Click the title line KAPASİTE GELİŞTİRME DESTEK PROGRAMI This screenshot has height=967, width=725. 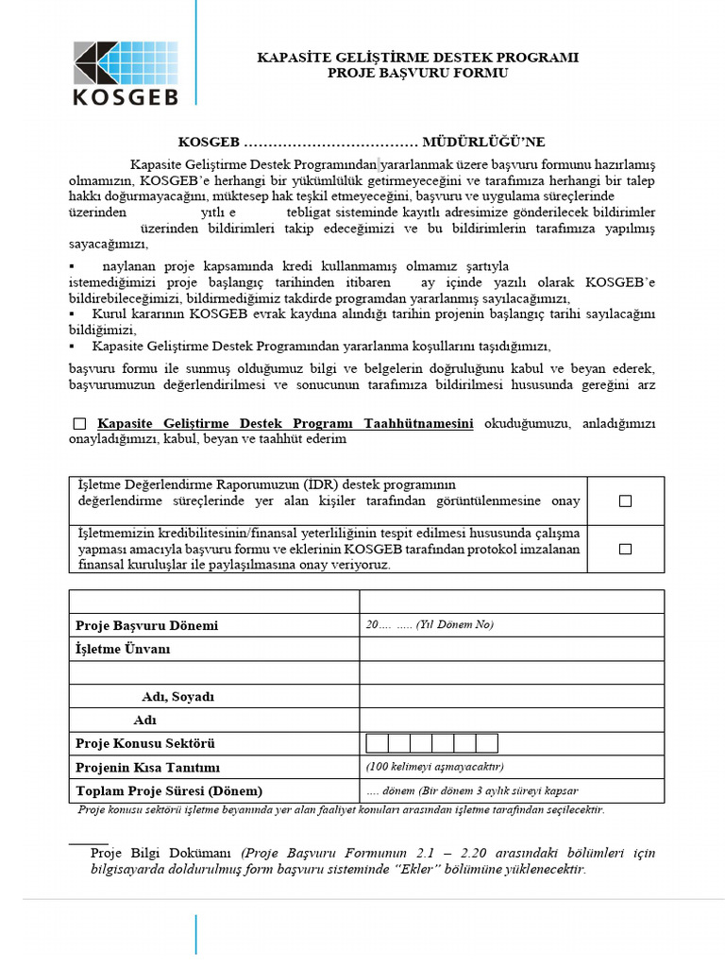(418, 58)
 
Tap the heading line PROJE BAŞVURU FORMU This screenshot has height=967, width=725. (418, 73)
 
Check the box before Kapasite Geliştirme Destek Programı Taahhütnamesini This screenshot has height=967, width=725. (79, 424)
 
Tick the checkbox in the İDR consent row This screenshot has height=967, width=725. (625, 501)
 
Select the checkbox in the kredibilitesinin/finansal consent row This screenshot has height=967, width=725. (625, 549)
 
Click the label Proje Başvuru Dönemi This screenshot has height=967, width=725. (146, 626)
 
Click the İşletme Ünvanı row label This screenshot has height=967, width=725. (123, 650)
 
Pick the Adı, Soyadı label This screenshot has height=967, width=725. (178, 697)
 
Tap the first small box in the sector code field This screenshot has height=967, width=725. (377, 743)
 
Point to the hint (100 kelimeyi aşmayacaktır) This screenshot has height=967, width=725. (435, 766)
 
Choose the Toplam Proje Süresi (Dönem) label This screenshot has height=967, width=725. (169, 791)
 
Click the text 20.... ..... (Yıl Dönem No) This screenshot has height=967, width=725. (430, 625)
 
